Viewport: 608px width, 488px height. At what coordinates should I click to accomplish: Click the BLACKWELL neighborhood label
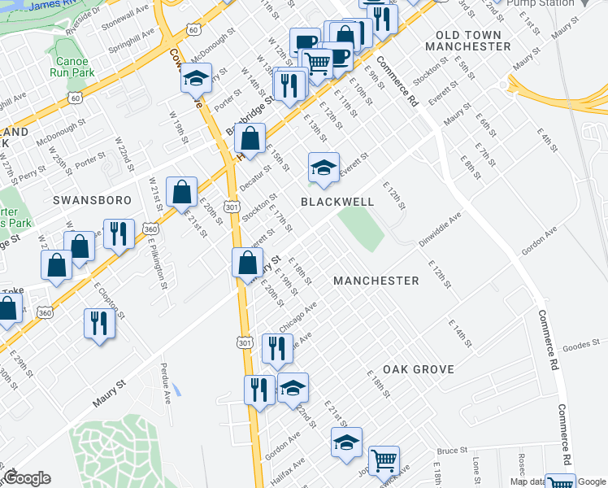tap(337, 201)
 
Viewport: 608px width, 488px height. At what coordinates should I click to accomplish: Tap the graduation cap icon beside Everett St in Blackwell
tap(324, 168)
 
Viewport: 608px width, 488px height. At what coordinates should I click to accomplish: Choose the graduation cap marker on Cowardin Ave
tap(196, 79)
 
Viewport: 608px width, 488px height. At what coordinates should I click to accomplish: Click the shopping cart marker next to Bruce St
tap(384, 460)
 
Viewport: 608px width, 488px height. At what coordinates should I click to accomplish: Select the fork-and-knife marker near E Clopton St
tap(96, 322)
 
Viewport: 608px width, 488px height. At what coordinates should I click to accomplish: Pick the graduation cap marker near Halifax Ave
tap(346, 443)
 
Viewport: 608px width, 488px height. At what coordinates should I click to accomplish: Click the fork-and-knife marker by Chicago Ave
tap(277, 348)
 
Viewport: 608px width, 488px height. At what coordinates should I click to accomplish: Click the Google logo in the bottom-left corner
tap(27, 478)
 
